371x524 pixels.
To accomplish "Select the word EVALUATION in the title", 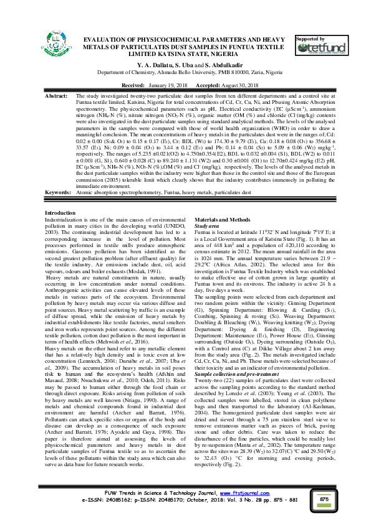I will (x=111, y=39).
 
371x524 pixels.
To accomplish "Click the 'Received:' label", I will (x=132, y=83).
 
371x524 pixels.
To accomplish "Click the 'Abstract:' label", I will (x=57, y=97).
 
